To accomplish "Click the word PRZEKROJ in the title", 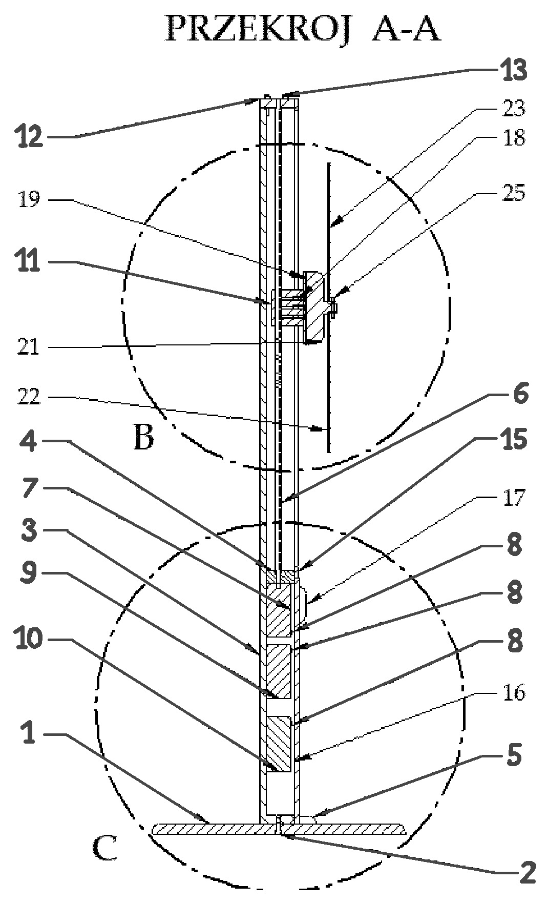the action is [x=259, y=29].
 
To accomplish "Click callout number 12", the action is [x=28, y=137].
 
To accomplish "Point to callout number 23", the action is [x=510, y=108].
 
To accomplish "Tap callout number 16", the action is [x=510, y=692].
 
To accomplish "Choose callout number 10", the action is [x=29, y=640].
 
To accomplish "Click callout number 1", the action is [x=29, y=734].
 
